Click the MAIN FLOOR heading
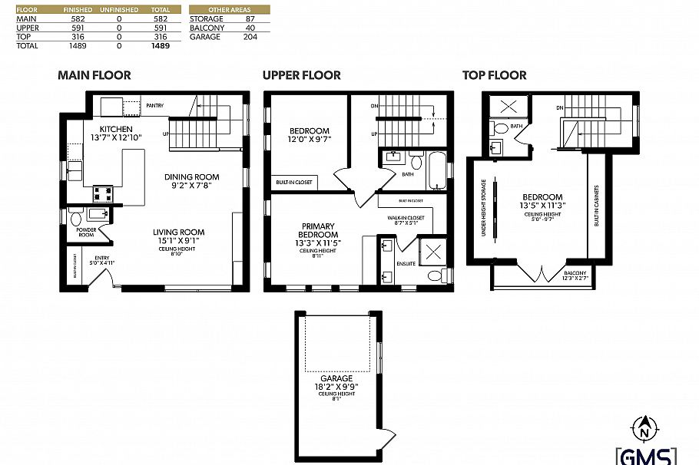[94, 75]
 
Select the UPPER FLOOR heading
[301, 75]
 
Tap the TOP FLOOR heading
[494, 75]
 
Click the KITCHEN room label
[116, 129]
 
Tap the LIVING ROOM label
[178, 232]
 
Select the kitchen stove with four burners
[103, 193]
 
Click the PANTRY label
[154, 105]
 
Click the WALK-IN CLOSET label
[406, 218]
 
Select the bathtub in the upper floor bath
[437, 171]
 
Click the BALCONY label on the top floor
[574, 272]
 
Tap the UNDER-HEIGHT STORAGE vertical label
[483, 208]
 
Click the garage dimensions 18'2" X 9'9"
[336, 387]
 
